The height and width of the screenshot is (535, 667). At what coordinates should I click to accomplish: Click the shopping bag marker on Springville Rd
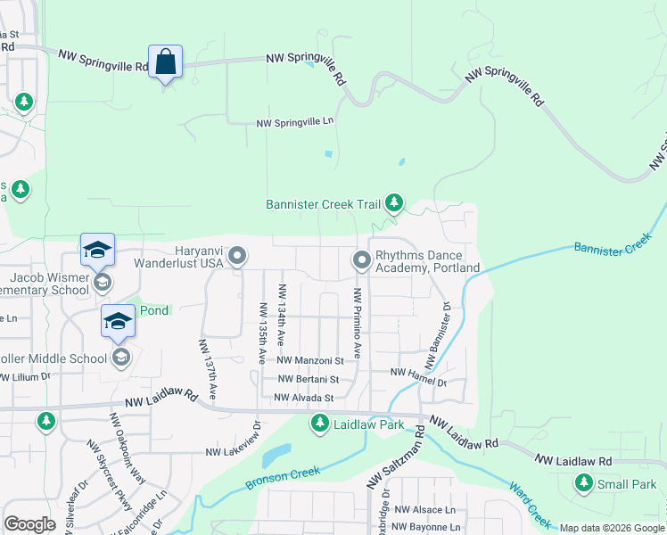pos(166,62)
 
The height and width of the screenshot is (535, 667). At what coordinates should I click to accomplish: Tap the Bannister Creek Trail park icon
pos(394,204)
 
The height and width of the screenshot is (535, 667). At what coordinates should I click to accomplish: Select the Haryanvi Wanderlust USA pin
pos(237,257)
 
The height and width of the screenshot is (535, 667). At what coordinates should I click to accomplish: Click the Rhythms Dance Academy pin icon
pos(361,260)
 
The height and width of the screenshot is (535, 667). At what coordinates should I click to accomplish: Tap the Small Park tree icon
pos(583,484)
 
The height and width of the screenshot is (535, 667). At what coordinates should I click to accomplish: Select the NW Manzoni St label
pos(310,361)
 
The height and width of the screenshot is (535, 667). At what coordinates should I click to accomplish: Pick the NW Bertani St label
pos(309,380)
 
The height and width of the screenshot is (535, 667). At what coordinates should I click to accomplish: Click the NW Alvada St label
pos(303,398)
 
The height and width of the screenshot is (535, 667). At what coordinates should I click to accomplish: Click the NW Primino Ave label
pos(358,323)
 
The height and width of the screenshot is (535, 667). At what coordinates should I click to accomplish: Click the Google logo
pos(30,525)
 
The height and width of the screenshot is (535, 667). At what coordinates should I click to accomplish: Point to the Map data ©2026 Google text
pos(612,528)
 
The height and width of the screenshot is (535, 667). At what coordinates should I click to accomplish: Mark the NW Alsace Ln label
pos(424,509)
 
